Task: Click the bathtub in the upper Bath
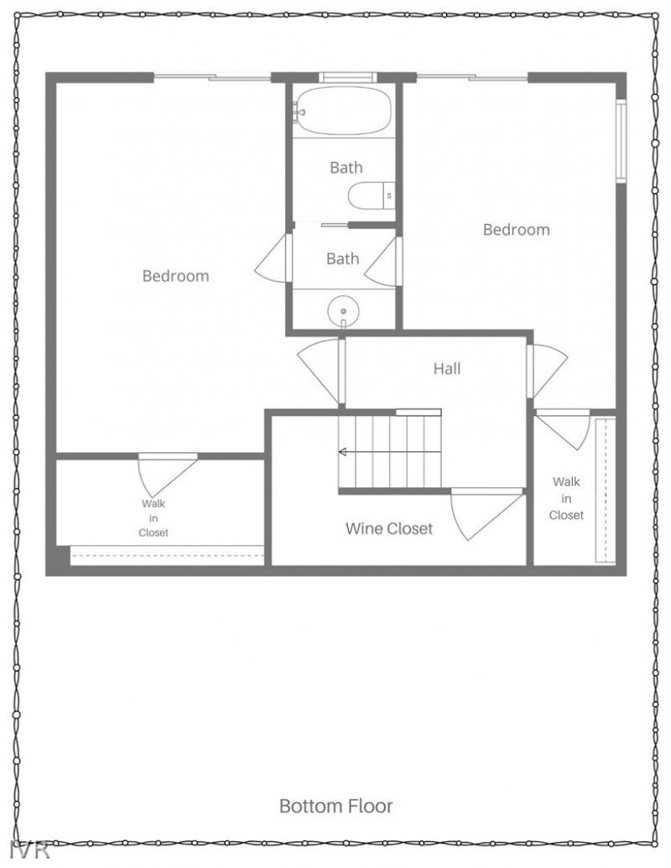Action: coord(343,111)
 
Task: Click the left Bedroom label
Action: coord(175,276)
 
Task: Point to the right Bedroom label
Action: coord(516,230)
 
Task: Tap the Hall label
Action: coord(447,368)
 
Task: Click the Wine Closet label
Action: coord(389,529)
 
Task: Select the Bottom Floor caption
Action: coord(335,807)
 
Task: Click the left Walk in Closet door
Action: coord(164,475)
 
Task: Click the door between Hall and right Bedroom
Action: coord(546,370)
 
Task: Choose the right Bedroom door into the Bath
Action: coord(382,262)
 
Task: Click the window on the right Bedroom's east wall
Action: coord(621,141)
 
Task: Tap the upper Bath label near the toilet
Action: coord(346,168)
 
